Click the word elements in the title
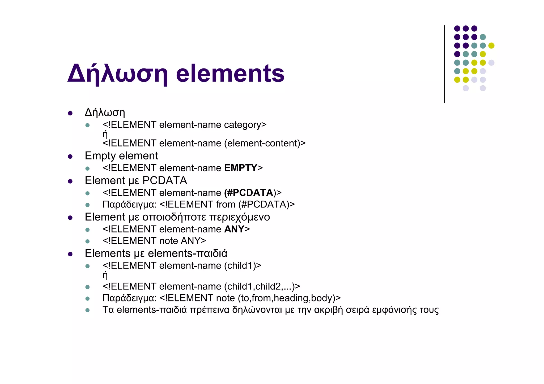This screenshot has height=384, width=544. (x=230, y=74)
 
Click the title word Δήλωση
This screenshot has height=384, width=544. (x=118, y=74)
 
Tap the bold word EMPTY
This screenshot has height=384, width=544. (x=241, y=168)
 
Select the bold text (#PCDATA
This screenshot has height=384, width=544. (x=249, y=193)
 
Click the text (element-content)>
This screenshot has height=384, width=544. (x=265, y=143)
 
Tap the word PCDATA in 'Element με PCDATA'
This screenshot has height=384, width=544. (x=165, y=181)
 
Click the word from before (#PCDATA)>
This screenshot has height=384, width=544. (x=226, y=204)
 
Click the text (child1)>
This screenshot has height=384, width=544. (x=243, y=266)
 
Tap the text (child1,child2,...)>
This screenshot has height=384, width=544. (x=262, y=287)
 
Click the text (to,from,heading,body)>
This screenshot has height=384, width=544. (x=289, y=298)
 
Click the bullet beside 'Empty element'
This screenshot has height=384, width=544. (x=70, y=157)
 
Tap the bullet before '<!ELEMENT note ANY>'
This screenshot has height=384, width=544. (x=87, y=241)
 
